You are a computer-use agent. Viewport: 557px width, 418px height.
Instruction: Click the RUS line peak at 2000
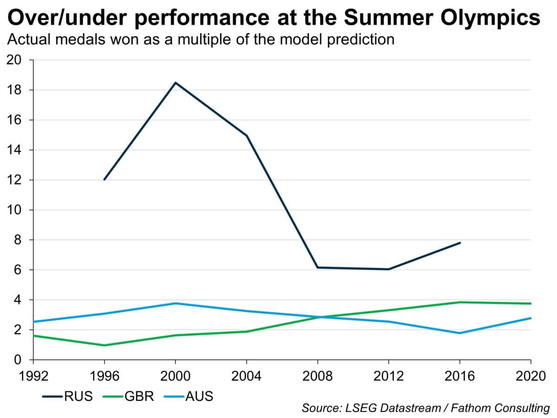click(175, 83)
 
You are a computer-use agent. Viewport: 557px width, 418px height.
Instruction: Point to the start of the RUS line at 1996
click(104, 179)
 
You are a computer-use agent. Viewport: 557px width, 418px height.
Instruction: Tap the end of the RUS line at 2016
click(460, 242)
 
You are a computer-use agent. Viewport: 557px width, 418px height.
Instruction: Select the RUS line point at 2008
click(317, 268)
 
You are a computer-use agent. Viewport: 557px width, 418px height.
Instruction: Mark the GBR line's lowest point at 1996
click(104, 345)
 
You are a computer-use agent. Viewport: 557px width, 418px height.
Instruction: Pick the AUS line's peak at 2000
click(175, 303)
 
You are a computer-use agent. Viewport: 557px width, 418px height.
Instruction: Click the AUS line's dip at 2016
click(460, 333)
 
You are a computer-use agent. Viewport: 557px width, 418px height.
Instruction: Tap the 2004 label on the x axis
click(246, 375)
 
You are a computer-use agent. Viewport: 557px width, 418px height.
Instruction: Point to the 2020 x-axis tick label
click(531, 375)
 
